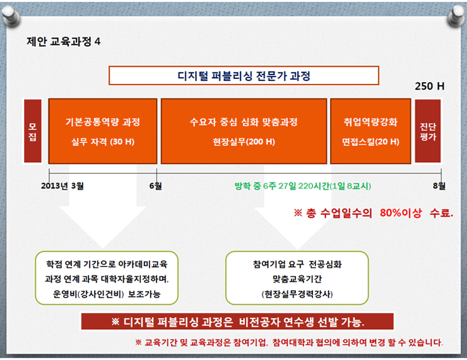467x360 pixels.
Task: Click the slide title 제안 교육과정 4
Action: click(64, 42)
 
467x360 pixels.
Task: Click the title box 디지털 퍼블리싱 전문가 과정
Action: click(244, 76)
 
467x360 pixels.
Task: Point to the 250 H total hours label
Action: click(430, 86)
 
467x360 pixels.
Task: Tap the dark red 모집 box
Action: click(32, 131)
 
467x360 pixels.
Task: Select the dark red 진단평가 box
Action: click(428, 131)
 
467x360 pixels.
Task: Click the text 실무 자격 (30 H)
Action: click(103, 141)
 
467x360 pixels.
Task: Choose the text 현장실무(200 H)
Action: click(244, 141)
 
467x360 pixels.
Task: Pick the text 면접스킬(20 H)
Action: click(370, 141)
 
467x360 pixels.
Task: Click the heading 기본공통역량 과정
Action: click(103, 122)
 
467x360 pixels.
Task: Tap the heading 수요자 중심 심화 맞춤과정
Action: click(244, 122)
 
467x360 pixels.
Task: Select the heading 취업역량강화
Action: click(370, 122)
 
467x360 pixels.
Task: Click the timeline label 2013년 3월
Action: click(62, 186)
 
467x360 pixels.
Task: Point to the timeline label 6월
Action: click(155, 186)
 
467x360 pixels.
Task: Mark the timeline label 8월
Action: click(439, 186)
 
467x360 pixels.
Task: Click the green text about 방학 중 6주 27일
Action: click(302, 186)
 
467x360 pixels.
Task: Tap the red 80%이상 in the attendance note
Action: click(401, 213)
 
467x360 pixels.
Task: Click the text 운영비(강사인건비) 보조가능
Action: click(107, 294)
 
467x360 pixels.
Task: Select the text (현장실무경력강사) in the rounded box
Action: click(297, 294)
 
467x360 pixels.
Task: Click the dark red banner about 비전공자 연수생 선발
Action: click(237, 321)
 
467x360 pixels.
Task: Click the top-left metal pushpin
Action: click(11, 16)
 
